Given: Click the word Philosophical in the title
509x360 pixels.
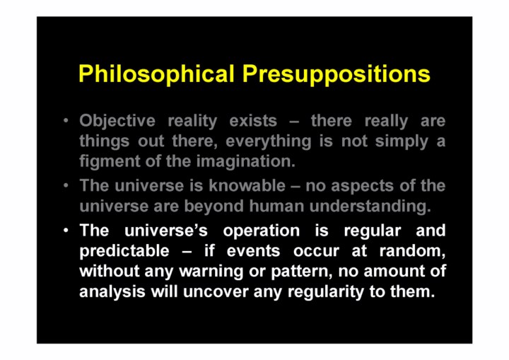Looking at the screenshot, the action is tap(156, 74).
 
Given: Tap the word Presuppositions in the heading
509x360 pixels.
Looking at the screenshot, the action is tap(337, 74).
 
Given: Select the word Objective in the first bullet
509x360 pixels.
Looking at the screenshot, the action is tap(117, 121).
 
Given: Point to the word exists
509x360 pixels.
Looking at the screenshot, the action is tap(253, 121).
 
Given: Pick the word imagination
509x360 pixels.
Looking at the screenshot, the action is tap(246, 161).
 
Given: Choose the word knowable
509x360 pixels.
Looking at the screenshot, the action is tap(247, 185).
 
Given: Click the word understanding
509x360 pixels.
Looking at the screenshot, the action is tap(370, 207).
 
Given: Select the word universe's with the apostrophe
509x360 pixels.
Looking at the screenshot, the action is tap(166, 231).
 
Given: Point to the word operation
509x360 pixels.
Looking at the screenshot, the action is tap(262, 231).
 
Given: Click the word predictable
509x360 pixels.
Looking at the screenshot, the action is tap(124, 251).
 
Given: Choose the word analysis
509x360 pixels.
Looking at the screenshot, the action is tap(112, 292).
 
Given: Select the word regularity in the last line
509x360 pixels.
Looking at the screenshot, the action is tap(326, 292).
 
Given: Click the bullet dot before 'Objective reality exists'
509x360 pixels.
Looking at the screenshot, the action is tap(66, 121).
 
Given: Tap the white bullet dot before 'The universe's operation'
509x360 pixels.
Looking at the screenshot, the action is tap(66, 231).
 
